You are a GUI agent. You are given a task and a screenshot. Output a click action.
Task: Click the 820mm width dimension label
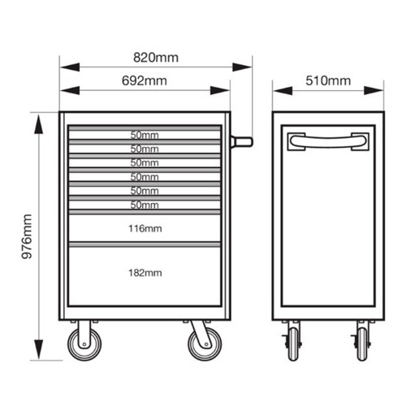click(156, 58)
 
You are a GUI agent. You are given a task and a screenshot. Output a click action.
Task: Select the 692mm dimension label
click(145, 81)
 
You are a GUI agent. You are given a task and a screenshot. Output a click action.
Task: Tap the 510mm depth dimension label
click(328, 80)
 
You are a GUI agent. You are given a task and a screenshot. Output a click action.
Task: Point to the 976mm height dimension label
click(27, 236)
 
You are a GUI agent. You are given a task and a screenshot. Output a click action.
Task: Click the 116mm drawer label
click(145, 229)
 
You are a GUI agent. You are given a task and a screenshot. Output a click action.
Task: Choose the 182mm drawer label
click(145, 273)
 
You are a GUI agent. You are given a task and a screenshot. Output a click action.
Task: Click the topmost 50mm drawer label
click(145, 135)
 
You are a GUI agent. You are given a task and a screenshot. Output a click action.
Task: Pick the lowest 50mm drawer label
click(145, 205)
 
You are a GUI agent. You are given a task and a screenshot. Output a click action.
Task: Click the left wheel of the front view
click(84, 344)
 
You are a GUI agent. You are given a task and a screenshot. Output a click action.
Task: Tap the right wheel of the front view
click(205, 344)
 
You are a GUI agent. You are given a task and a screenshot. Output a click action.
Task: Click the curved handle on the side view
click(328, 142)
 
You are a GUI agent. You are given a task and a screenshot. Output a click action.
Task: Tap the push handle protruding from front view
click(242, 142)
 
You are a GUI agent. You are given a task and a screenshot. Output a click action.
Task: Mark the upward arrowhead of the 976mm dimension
click(39, 124)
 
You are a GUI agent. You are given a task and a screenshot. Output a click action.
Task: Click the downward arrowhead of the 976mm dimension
click(39, 349)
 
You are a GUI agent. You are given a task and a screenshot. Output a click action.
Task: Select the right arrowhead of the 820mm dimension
click(242, 67)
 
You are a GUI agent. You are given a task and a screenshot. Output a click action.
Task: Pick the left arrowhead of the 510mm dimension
click(283, 91)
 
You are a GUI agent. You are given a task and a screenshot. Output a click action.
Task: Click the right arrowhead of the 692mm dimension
click(220, 90)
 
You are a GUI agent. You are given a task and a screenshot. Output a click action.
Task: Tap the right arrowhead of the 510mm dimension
click(374, 91)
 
